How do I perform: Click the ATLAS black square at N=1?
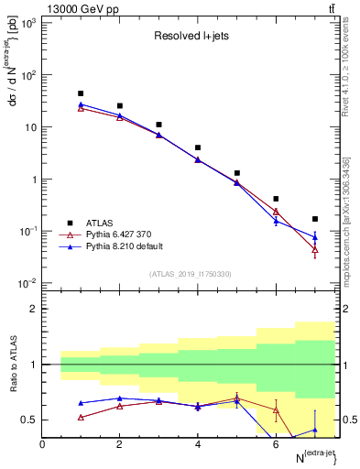pos(81,93)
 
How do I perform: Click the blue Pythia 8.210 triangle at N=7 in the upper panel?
pos(315,237)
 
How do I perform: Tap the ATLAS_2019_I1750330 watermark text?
pos(189,274)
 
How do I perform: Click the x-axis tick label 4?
pos(198,444)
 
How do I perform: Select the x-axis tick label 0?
pos(42,444)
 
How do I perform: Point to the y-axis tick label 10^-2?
pos(27,283)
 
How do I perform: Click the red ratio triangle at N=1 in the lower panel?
pos(81,417)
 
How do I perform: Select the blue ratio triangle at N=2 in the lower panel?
pos(120,398)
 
